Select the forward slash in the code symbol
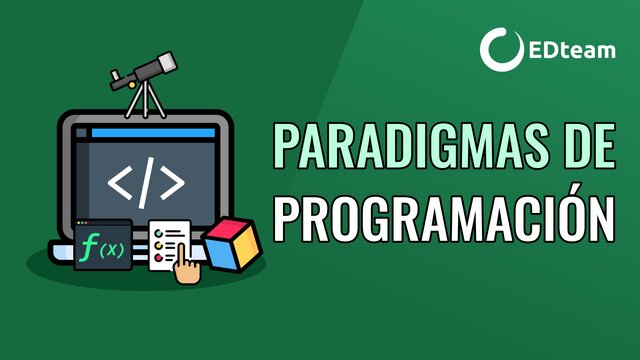click(x=146, y=181)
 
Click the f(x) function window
click(x=102, y=245)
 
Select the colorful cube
click(x=233, y=242)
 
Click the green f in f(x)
click(x=91, y=247)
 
